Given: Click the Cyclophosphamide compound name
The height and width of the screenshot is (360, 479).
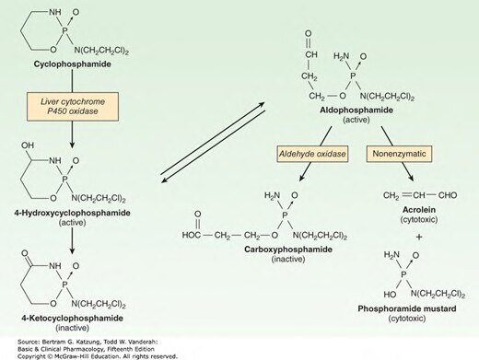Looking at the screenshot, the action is pyautogui.click(x=73, y=64).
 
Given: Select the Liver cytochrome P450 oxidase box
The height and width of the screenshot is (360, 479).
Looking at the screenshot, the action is pyautogui.click(x=73, y=106).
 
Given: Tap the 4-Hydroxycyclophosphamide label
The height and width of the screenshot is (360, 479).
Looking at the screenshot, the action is pyautogui.click(x=73, y=213).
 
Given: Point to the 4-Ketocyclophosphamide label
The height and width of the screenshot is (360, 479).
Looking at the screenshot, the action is pyautogui.click(x=73, y=318).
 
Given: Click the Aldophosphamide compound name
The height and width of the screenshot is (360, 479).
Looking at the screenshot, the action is pyautogui.click(x=356, y=110).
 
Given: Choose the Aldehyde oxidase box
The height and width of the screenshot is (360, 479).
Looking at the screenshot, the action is pyautogui.click(x=312, y=154).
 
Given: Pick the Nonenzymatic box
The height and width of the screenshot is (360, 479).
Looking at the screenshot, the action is pyautogui.click(x=399, y=154).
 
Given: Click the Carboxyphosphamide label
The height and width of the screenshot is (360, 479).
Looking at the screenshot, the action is pyautogui.click(x=288, y=250).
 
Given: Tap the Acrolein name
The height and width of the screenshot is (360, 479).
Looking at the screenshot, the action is pyautogui.click(x=419, y=210).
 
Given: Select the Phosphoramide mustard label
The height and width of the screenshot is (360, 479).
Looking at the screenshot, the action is pyautogui.click(x=407, y=308).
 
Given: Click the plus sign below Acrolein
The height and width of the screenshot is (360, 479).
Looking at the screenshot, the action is pyautogui.click(x=419, y=237).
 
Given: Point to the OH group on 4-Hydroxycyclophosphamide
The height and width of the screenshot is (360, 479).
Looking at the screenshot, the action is pyautogui.click(x=28, y=145).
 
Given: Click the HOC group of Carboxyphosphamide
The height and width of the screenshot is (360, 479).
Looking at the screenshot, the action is pyautogui.click(x=192, y=236).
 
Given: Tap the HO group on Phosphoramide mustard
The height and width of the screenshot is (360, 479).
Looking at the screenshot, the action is pyautogui.click(x=390, y=295).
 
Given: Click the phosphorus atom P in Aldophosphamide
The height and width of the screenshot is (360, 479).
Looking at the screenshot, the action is pyautogui.click(x=353, y=75).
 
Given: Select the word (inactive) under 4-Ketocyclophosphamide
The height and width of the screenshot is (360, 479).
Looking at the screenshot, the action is pyautogui.click(x=73, y=328).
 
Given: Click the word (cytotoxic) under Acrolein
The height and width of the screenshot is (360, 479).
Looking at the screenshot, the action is pyautogui.click(x=419, y=220).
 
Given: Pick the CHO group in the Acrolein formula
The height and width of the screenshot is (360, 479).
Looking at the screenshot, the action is pyautogui.click(x=448, y=195).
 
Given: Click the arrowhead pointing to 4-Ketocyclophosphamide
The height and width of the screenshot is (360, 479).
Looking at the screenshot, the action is pyautogui.click(x=72, y=250).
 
